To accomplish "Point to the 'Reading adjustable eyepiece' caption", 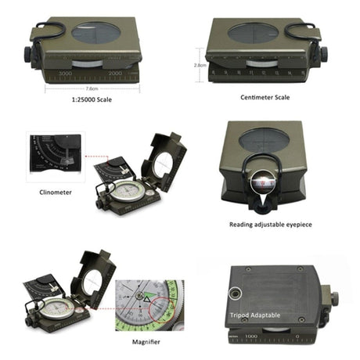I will click(269, 225).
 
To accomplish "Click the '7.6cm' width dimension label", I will click(92, 88).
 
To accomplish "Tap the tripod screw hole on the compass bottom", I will click(234, 294).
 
